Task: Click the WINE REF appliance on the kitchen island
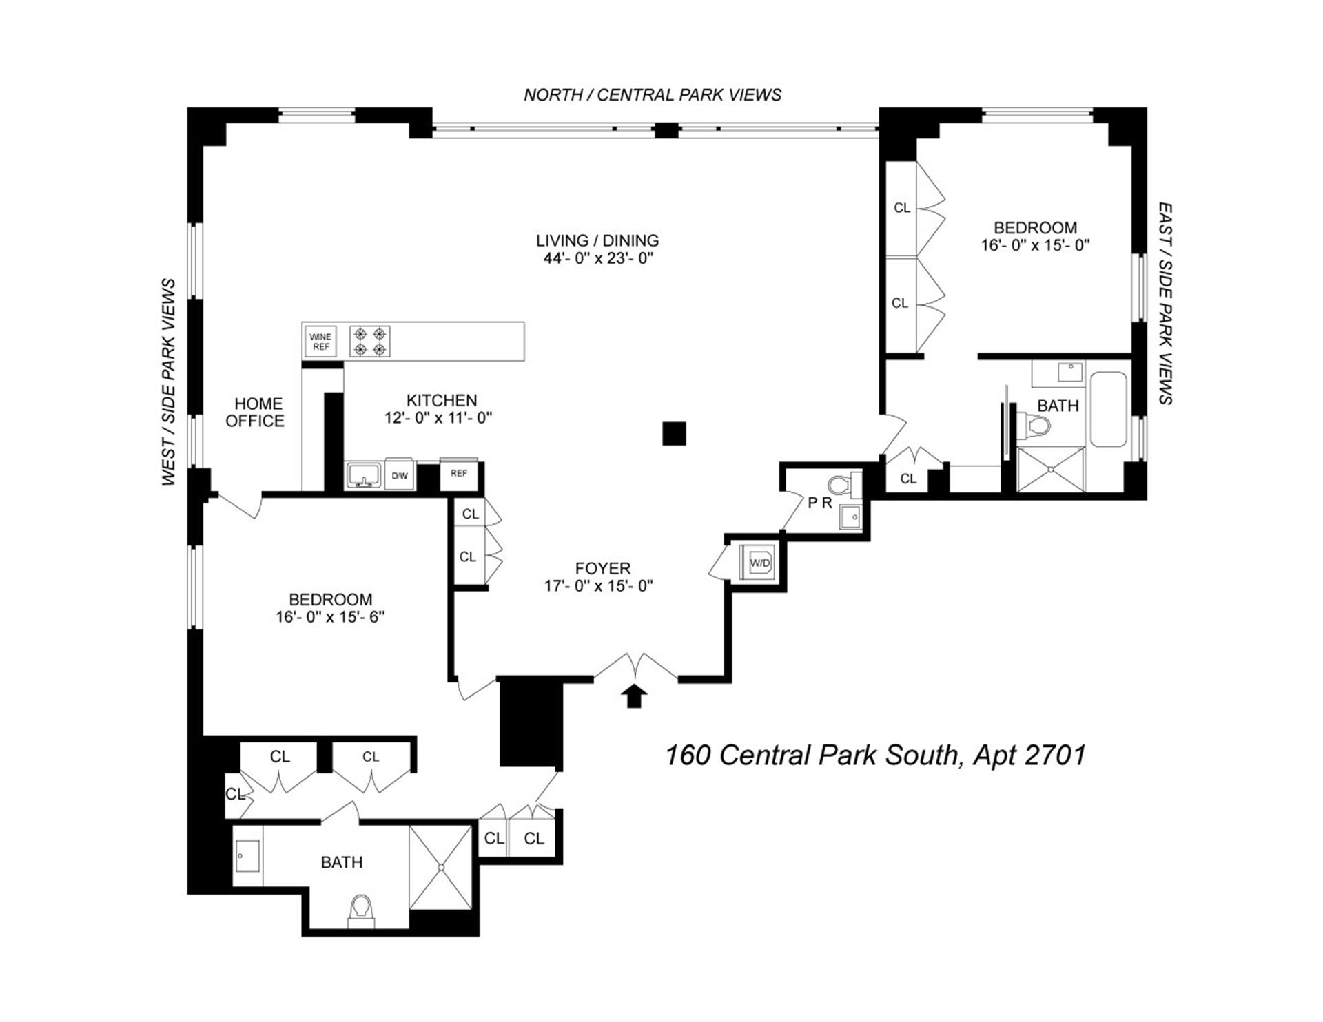[x=320, y=342]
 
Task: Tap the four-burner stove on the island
[x=369, y=342]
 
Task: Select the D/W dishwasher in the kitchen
[x=400, y=475]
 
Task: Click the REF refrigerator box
[x=459, y=473]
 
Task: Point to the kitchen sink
[x=364, y=474]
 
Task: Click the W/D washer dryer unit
[x=759, y=563]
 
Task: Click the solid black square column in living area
[x=674, y=433]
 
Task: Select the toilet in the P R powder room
[x=839, y=486]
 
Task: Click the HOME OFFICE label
[x=255, y=413]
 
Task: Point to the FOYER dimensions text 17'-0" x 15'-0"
[x=598, y=586]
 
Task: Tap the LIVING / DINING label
[x=597, y=240]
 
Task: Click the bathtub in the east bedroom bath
[x=1108, y=410]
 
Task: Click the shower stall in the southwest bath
[x=440, y=867]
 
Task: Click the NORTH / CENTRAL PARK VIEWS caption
[x=653, y=95]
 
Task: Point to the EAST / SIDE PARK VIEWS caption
[x=1165, y=303]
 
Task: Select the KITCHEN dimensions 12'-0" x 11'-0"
[x=438, y=418]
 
